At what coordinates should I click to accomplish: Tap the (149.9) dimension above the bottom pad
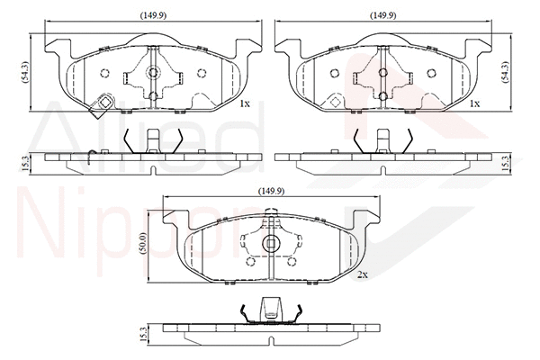coord(271,191)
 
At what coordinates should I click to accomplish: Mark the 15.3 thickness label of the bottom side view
coord(143,334)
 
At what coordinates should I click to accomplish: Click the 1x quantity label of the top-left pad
coord(244,104)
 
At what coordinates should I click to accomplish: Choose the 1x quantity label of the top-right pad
coord(475,104)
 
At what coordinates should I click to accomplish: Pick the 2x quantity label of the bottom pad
coord(362,274)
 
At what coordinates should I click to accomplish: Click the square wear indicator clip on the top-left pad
coord(103,104)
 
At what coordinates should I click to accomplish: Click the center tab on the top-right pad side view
coord(384,139)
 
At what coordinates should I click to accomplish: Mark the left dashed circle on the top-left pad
coord(104,74)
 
